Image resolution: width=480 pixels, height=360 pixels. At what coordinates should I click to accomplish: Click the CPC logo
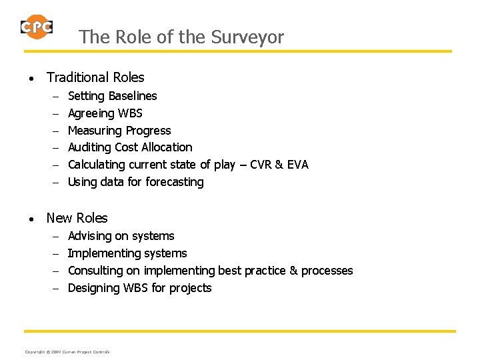(x=37, y=27)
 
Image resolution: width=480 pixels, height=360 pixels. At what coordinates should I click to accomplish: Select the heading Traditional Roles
(x=95, y=78)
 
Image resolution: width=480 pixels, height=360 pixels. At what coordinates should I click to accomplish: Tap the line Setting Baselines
(x=113, y=96)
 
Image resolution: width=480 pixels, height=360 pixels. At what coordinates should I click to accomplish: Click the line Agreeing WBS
(x=105, y=113)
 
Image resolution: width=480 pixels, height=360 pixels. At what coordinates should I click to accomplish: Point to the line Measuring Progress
(x=119, y=131)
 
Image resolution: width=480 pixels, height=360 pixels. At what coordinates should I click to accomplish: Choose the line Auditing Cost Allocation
(x=130, y=147)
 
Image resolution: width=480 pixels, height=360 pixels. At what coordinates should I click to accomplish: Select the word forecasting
(x=171, y=182)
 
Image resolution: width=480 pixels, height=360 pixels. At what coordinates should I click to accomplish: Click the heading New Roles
(x=77, y=218)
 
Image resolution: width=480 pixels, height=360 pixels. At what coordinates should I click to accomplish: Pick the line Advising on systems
(x=121, y=236)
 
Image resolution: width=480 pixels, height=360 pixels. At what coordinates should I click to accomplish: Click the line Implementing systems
(x=127, y=253)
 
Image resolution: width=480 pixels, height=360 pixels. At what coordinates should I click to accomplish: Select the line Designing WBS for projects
(x=140, y=288)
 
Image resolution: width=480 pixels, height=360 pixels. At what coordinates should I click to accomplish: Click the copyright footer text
(x=67, y=351)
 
